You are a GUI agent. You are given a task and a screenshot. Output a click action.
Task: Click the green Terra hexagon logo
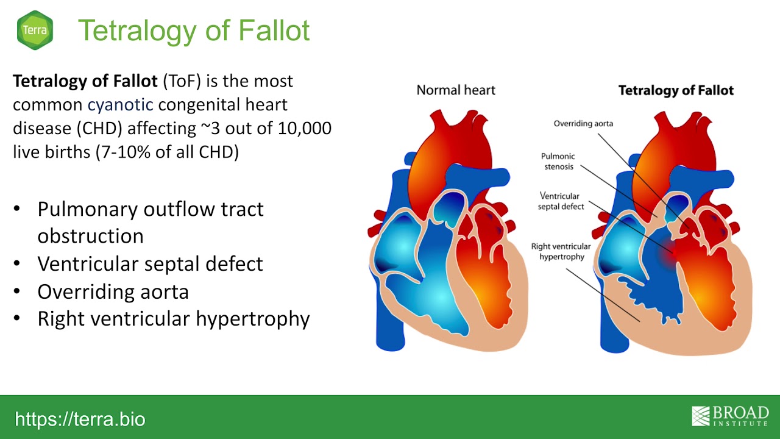click(35, 30)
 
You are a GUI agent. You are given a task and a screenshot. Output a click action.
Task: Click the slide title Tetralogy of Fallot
click(194, 31)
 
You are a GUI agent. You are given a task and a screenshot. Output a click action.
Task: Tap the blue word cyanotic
click(120, 104)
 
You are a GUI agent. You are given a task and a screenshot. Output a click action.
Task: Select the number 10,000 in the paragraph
click(304, 128)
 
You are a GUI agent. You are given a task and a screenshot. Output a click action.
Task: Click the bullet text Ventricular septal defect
click(150, 264)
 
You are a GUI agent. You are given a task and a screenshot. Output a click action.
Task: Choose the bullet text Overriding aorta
click(113, 291)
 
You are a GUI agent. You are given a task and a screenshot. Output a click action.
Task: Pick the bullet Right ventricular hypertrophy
click(174, 319)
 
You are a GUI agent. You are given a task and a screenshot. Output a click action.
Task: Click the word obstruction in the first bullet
click(91, 236)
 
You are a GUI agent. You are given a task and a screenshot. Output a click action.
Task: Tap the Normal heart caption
click(456, 90)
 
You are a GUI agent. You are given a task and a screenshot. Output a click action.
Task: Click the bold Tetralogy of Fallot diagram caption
click(676, 91)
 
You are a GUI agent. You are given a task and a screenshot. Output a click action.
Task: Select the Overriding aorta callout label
click(583, 124)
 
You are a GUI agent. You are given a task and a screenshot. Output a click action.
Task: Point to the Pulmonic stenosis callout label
click(558, 162)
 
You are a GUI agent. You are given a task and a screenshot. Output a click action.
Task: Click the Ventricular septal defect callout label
click(561, 201)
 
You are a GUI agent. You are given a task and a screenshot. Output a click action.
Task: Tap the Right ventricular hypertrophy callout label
click(561, 251)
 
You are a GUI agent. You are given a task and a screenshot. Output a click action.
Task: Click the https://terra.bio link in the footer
click(80, 419)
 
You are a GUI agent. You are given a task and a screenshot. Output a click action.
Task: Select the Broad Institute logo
click(730, 416)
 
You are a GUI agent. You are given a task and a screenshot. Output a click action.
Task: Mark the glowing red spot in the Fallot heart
click(673, 252)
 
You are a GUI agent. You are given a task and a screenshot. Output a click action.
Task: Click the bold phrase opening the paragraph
click(85, 82)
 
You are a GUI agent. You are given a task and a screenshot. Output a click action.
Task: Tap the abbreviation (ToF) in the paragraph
click(182, 81)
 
